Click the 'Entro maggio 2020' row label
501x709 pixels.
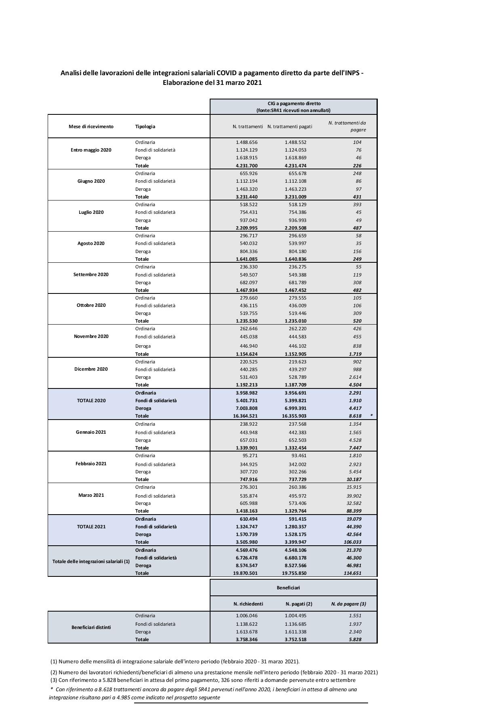pyautogui.click(x=91, y=150)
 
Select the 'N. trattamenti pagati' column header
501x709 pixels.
pyautogui.click(x=290, y=127)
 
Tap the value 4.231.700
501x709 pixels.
pyautogui.click(x=246, y=166)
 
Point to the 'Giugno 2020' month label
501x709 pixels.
pyautogui.click(x=91, y=181)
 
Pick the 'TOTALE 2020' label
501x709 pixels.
pyautogui.click(x=91, y=401)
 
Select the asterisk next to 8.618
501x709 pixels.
pyautogui.click(x=371, y=416)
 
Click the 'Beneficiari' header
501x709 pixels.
pyautogui.click(x=288, y=588)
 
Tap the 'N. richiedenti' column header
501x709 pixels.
pyautogui.click(x=248, y=604)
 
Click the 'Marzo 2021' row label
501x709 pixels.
pyautogui.click(x=91, y=495)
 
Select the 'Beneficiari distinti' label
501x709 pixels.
pyautogui.click(x=91, y=627)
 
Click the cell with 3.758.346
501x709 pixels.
pyautogui.click(x=246, y=639)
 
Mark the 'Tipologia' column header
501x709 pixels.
pyautogui.click(x=145, y=127)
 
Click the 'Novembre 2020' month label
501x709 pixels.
pyautogui.click(x=91, y=336)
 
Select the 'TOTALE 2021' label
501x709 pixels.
pyautogui.click(x=91, y=527)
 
